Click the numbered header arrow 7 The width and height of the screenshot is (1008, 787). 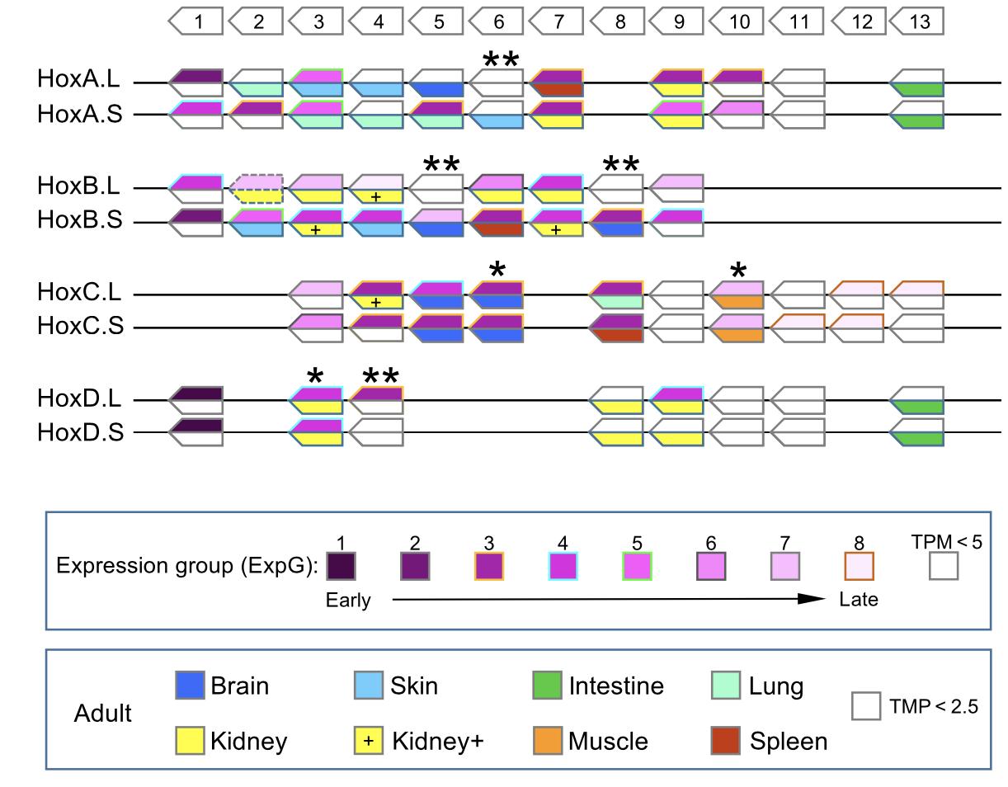(558, 21)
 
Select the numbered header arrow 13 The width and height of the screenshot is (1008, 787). (918, 21)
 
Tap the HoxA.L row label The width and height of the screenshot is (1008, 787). (78, 80)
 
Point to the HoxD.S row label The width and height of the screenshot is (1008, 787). (80, 432)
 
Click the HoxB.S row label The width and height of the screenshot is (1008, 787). (79, 221)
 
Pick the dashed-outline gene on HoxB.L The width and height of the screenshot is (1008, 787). (257, 188)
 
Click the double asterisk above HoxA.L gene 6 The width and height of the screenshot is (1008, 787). (501, 60)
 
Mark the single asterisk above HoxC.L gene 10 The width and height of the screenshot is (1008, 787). (739, 271)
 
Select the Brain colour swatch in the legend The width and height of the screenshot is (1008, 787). (190, 686)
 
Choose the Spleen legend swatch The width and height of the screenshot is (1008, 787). (725, 741)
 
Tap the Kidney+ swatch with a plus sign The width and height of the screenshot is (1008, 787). (368, 741)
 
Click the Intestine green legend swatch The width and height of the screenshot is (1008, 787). (547, 686)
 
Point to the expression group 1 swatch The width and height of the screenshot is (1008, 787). (341, 566)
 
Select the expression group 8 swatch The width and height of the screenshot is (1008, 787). (859, 566)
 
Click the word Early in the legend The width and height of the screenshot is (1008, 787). (348, 601)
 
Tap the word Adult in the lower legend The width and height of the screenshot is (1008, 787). (102, 714)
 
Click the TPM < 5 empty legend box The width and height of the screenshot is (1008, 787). (944, 566)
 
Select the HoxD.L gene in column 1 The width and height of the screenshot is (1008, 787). (196, 400)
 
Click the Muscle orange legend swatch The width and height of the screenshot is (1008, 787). (547, 741)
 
